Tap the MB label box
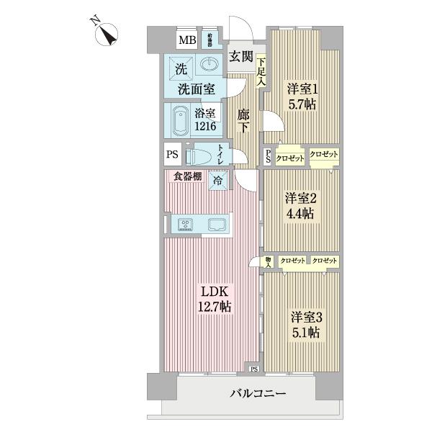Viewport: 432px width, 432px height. point(186,40)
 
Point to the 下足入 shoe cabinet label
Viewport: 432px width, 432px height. point(261,72)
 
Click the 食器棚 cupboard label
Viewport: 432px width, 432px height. point(187,176)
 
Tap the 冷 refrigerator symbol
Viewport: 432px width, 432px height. point(217,181)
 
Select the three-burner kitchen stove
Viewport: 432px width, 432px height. point(186,224)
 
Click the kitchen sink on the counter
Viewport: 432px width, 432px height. point(217,224)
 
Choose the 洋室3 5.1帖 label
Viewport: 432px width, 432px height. point(305,324)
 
